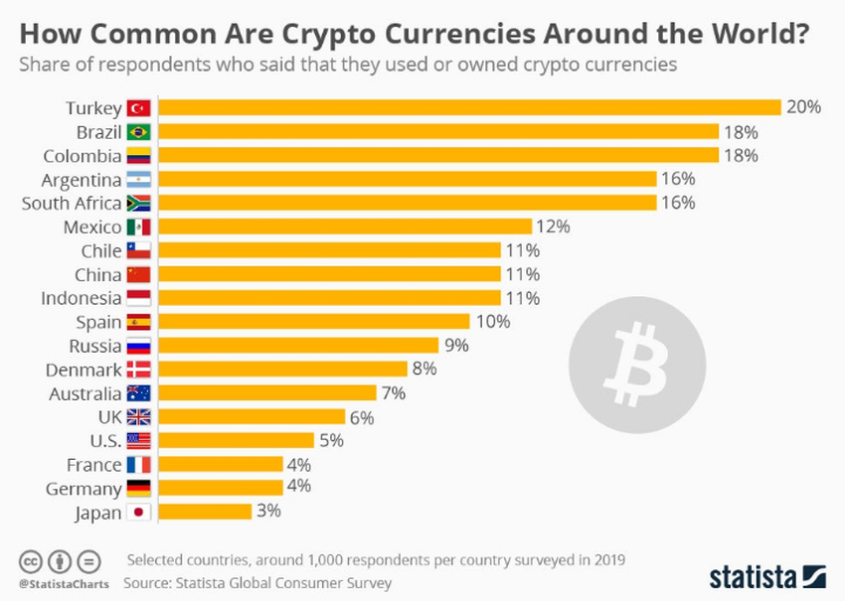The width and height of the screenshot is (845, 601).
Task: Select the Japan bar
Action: tap(205, 512)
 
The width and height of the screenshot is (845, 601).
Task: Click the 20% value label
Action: tap(803, 107)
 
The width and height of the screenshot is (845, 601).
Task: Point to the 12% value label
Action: tap(553, 226)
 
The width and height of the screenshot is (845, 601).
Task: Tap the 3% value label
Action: tap(269, 512)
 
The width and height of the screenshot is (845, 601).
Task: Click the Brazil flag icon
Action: tap(138, 131)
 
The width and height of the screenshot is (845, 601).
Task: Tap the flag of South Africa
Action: tap(138, 203)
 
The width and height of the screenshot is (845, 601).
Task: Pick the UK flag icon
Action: tap(138, 417)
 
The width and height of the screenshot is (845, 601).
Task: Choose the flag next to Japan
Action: tap(138, 513)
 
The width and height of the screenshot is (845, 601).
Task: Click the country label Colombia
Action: tap(82, 155)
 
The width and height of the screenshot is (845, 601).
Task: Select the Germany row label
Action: tap(84, 489)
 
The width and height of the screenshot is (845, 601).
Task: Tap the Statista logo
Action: tap(766, 576)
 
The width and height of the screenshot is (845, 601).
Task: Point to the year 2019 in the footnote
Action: tap(603, 558)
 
